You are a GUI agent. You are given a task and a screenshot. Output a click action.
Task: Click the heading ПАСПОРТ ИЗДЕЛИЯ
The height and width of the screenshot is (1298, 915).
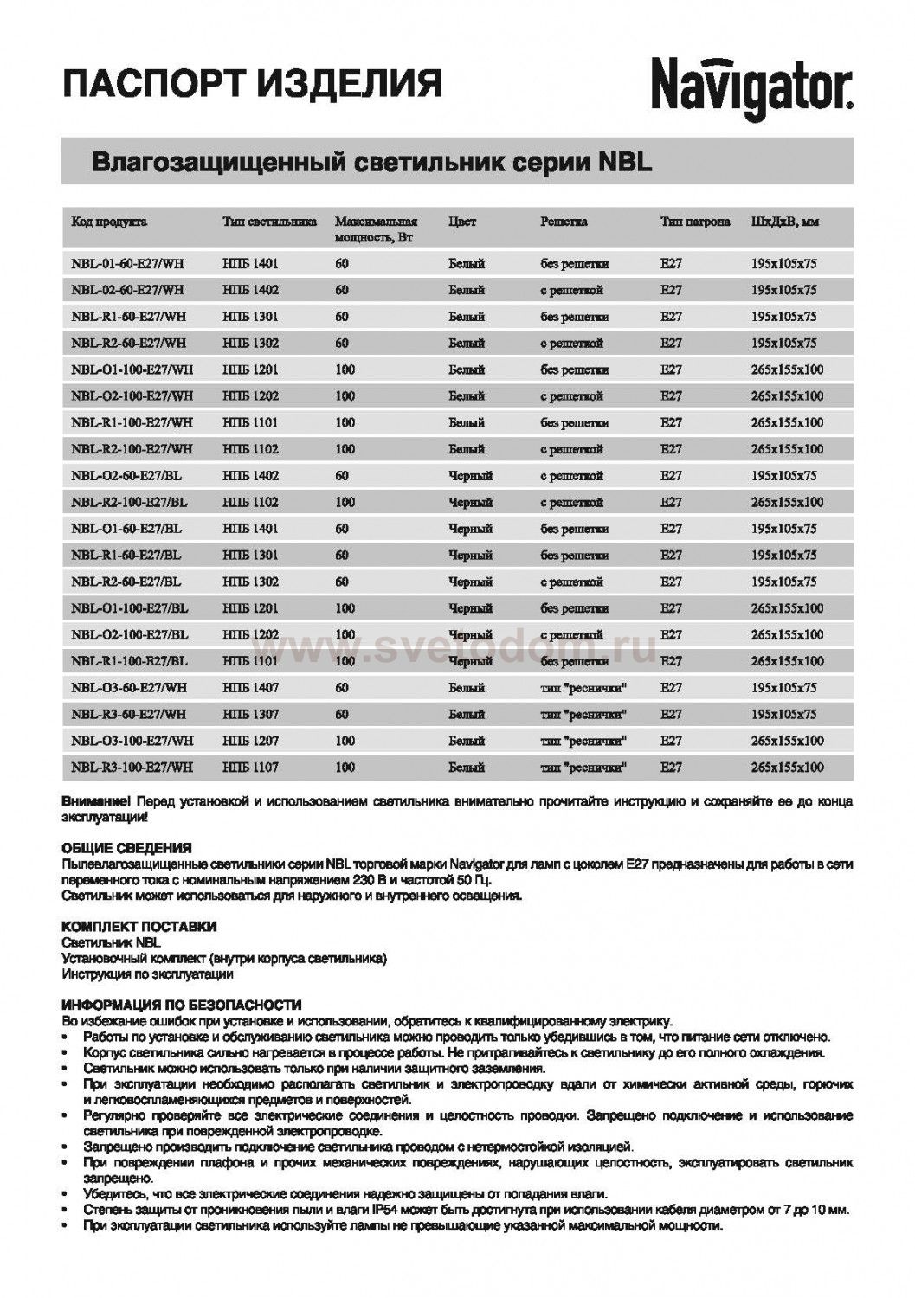[x=252, y=84]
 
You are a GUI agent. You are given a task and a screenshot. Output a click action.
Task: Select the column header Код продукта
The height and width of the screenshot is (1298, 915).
[x=109, y=222]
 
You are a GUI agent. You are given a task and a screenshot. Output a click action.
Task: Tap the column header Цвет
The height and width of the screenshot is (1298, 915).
[x=462, y=222]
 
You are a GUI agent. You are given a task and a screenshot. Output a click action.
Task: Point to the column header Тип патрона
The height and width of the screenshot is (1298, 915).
[x=694, y=222]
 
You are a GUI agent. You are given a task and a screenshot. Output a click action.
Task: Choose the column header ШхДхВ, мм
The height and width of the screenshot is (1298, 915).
[x=786, y=222]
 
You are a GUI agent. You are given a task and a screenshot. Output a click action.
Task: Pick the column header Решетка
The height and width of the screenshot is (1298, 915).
[x=564, y=222]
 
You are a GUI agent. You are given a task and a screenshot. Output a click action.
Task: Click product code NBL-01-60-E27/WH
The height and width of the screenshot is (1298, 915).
[x=128, y=263]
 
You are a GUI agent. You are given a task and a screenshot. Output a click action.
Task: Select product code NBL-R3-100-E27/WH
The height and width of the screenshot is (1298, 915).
[x=132, y=767]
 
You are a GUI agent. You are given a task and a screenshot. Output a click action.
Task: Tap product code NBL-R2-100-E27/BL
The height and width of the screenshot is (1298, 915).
[x=130, y=502]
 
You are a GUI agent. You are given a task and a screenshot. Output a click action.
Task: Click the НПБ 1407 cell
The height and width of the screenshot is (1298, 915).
[x=250, y=688]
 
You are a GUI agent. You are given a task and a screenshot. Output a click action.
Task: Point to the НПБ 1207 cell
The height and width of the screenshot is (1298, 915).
[x=250, y=741]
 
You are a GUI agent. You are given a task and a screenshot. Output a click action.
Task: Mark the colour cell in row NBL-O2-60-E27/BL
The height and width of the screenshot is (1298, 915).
[x=470, y=476]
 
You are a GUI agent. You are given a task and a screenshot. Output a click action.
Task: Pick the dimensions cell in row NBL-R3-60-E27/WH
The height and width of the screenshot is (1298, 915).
[x=784, y=715]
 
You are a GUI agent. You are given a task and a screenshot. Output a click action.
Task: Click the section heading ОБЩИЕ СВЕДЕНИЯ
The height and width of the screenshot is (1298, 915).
[x=126, y=848]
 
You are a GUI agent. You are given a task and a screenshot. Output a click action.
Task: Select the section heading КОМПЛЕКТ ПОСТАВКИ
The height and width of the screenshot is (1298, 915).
[x=139, y=927]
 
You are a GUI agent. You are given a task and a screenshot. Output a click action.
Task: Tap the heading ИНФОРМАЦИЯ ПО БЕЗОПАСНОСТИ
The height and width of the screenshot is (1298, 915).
[x=182, y=1006]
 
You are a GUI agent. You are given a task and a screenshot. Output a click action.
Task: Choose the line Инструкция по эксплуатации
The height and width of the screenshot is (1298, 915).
[x=147, y=974]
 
